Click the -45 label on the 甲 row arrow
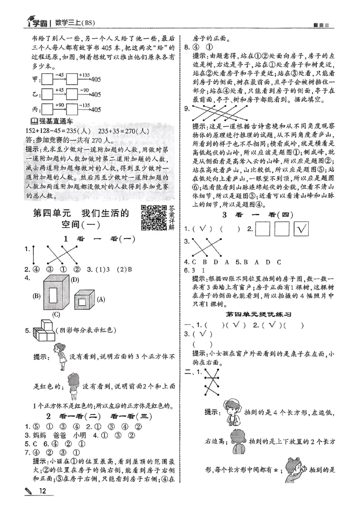(59, 75)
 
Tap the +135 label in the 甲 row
(85, 75)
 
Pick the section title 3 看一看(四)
(258, 214)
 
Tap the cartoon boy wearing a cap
(234, 410)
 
